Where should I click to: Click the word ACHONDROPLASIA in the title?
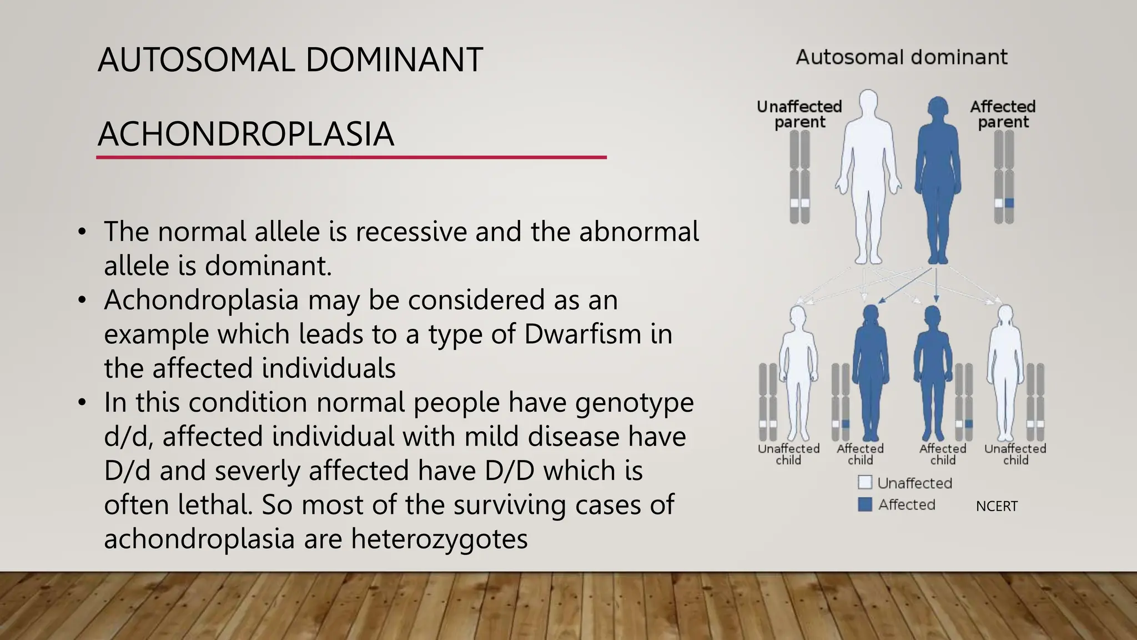[245, 134]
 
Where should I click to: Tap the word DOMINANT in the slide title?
[394, 60]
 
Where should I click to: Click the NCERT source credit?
[997, 506]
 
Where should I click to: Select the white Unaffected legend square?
[864, 482]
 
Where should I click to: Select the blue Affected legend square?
[864, 504]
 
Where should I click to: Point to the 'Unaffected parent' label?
[799, 114]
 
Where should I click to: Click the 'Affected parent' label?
[1003, 114]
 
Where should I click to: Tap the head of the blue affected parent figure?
[938, 108]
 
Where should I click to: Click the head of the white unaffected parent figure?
[868, 102]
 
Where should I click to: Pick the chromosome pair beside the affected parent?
[1004, 177]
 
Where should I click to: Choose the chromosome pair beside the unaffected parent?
[799, 177]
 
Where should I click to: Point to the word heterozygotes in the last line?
[439, 539]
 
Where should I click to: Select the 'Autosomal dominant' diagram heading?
[902, 57]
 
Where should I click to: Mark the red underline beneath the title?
[351, 158]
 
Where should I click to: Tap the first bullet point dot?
[82, 232]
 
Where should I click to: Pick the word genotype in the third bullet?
[634, 402]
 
